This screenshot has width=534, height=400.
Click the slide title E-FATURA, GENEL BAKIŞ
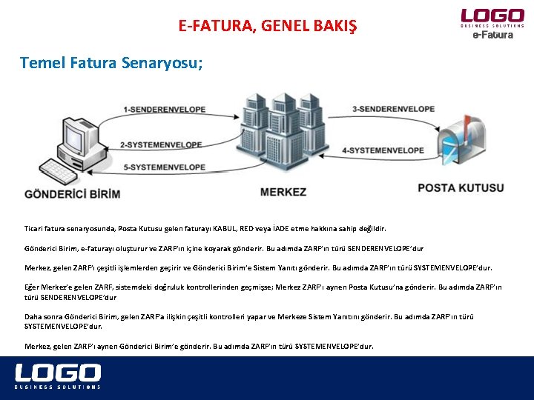pyautogui.click(x=267, y=27)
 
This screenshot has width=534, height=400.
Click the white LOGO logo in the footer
pyautogui.click(x=58, y=372)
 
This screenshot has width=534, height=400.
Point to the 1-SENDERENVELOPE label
pyautogui.click(x=165, y=110)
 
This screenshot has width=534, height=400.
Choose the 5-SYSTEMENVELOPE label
pyautogui.click(x=164, y=167)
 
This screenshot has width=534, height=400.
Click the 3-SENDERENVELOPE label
pyautogui.click(x=393, y=109)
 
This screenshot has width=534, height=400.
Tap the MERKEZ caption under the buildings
pyautogui.click(x=283, y=192)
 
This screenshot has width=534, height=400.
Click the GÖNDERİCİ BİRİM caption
pyautogui.click(x=73, y=193)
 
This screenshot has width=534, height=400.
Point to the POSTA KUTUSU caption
pyautogui.click(x=461, y=188)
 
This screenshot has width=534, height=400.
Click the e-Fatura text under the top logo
pyautogui.click(x=492, y=35)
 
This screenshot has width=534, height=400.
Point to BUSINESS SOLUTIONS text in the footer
pyautogui.click(x=58, y=387)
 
